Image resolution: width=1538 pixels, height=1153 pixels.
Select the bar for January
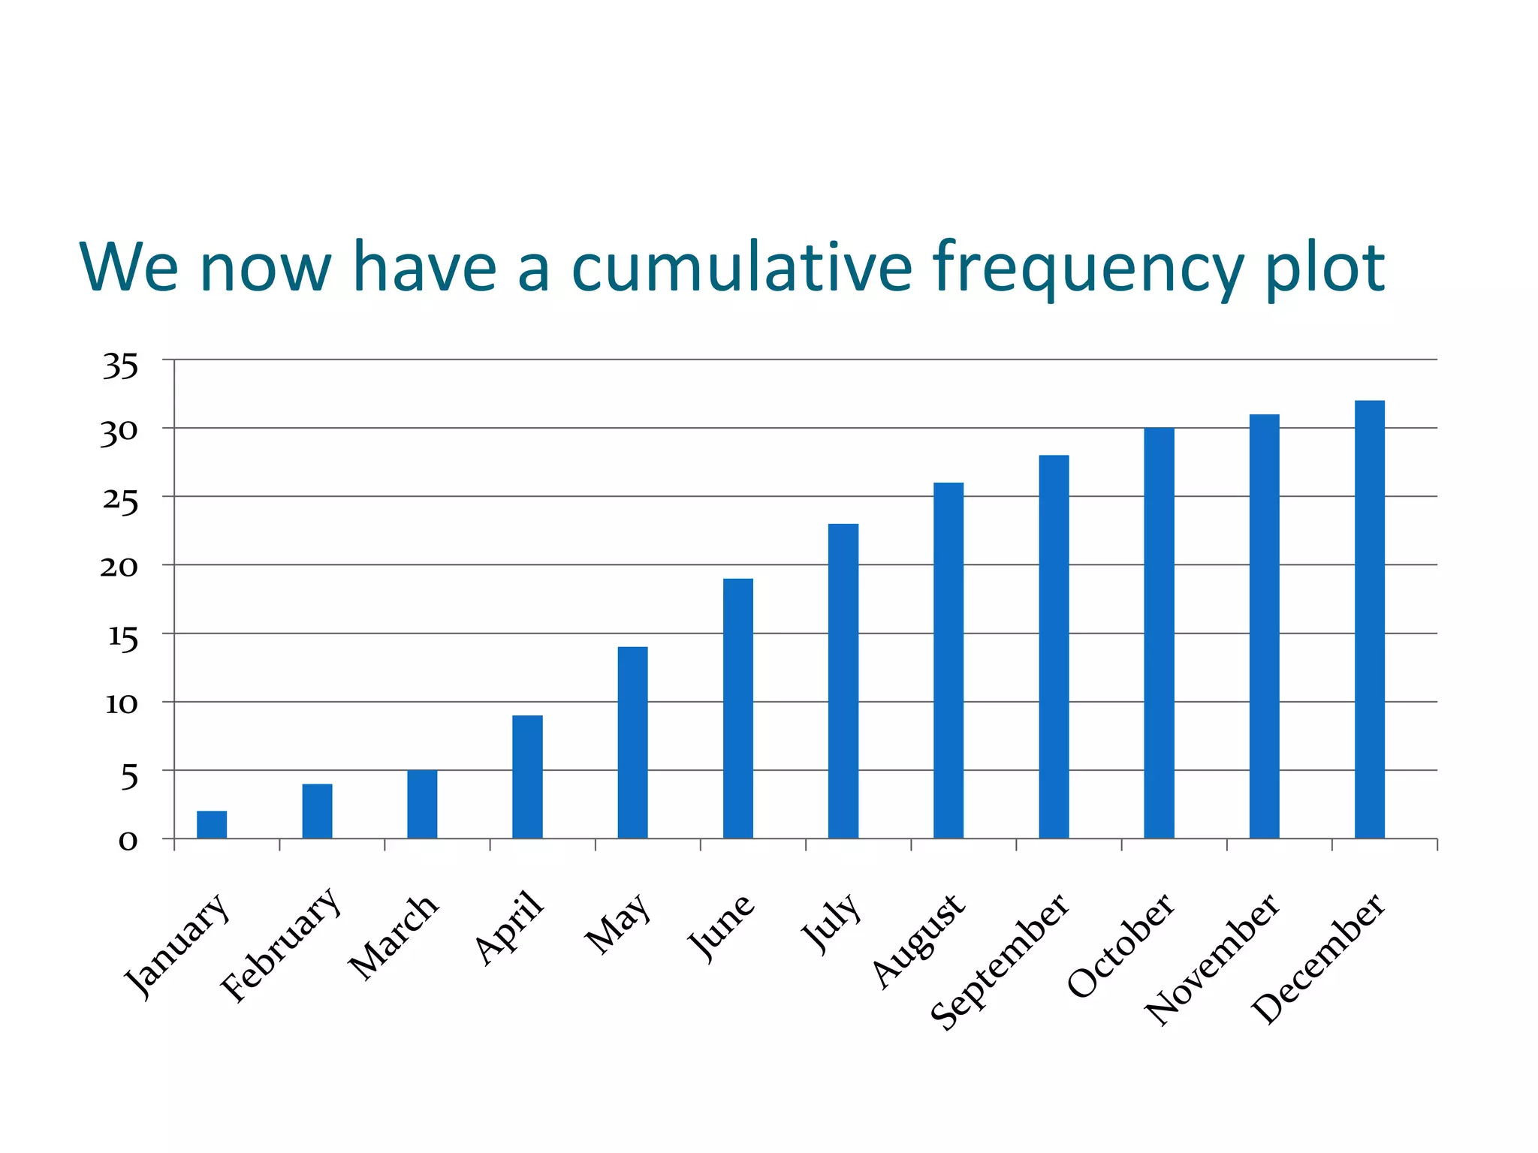click(x=212, y=824)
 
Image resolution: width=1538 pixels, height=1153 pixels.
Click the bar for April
click(x=527, y=776)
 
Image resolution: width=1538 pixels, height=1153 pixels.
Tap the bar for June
click(x=737, y=708)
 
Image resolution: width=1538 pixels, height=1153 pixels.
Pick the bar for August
click(x=948, y=660)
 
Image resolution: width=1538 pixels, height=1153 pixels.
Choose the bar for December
click(x=1369, y=619)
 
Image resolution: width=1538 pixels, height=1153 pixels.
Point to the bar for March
click(x=422, y=804)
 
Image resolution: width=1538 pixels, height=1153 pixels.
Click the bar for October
click(x=1159, y=633)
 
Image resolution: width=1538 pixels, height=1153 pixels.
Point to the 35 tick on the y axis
click(x=121, y=367)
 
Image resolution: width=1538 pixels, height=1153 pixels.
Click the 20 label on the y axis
click(x=119, y=567)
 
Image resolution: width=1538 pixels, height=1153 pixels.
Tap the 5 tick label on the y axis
click(x=129, y=778)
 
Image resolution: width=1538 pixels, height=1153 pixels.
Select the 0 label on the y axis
click(x=128, y=841)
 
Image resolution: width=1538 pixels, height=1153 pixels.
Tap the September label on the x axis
click(x=1000, y=961)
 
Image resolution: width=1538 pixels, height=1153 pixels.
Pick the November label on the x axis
click(x=1212, y=959)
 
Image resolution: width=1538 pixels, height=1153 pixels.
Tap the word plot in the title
click(x=1325, y=269)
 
